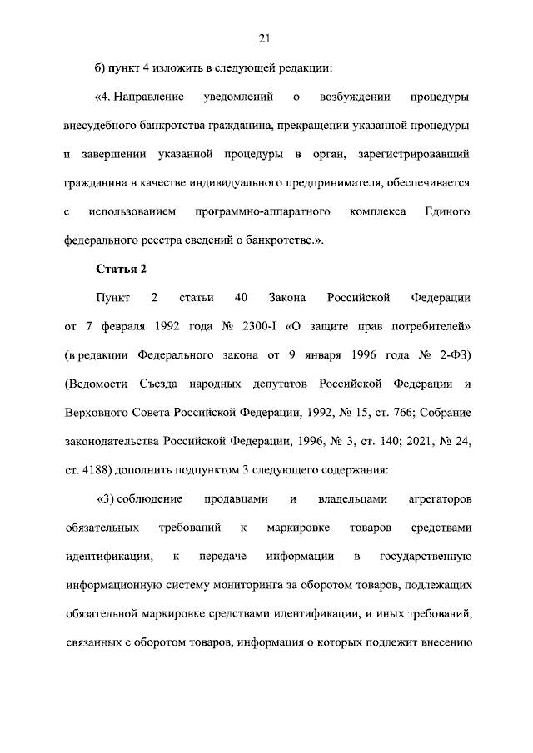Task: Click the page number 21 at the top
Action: (266, 37)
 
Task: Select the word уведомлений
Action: (238, 98)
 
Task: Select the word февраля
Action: (116, 325)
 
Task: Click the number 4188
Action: (94, 469)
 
